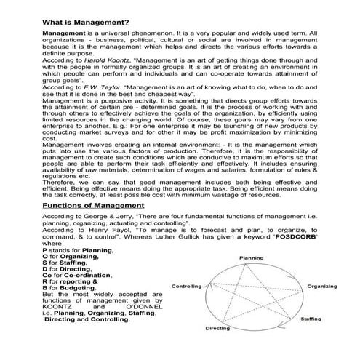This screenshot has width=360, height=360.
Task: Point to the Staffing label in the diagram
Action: click(310, 339)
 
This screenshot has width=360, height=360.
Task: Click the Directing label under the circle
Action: click(218, 348)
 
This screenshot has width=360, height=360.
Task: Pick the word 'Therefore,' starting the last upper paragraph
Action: click(59, 173)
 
